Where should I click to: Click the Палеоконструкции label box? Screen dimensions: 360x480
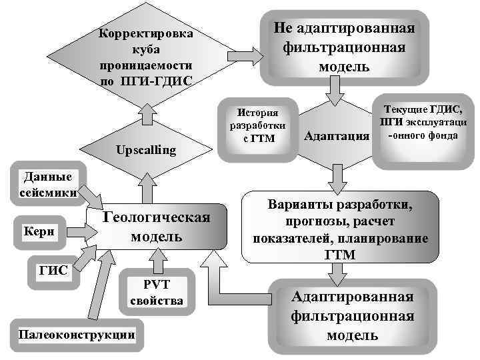point(73,335)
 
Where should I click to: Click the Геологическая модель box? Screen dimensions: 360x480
point(157,227)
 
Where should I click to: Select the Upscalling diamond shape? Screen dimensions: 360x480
point(145,150)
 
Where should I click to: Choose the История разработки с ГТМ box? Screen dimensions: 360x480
point(257,125)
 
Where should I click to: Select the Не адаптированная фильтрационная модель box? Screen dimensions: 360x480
point(343,47)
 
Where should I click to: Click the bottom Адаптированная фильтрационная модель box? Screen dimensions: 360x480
point(343,315)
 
